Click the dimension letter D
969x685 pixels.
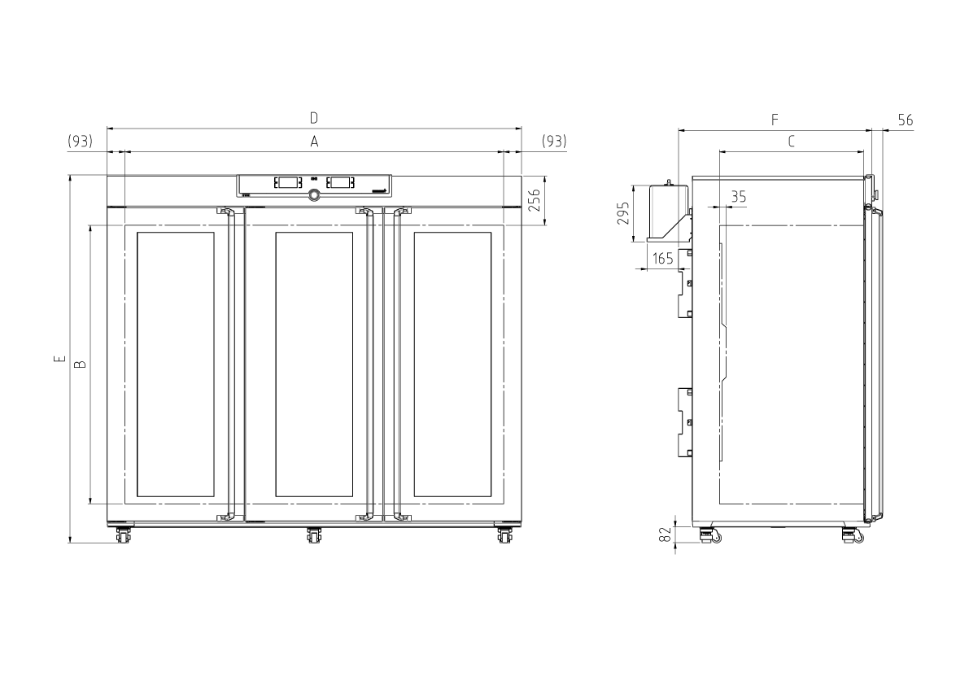coord(314,117)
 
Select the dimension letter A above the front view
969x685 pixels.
coord(314,142)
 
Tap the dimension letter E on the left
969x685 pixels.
coord(59,358)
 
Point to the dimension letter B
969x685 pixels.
coord(81,364)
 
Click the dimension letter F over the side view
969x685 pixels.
coord(775,120)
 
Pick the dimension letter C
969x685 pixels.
coord(791,142)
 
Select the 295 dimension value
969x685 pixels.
coord(623,213)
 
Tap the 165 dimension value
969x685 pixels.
coord(662,258)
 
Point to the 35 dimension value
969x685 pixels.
coord(739,196)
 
